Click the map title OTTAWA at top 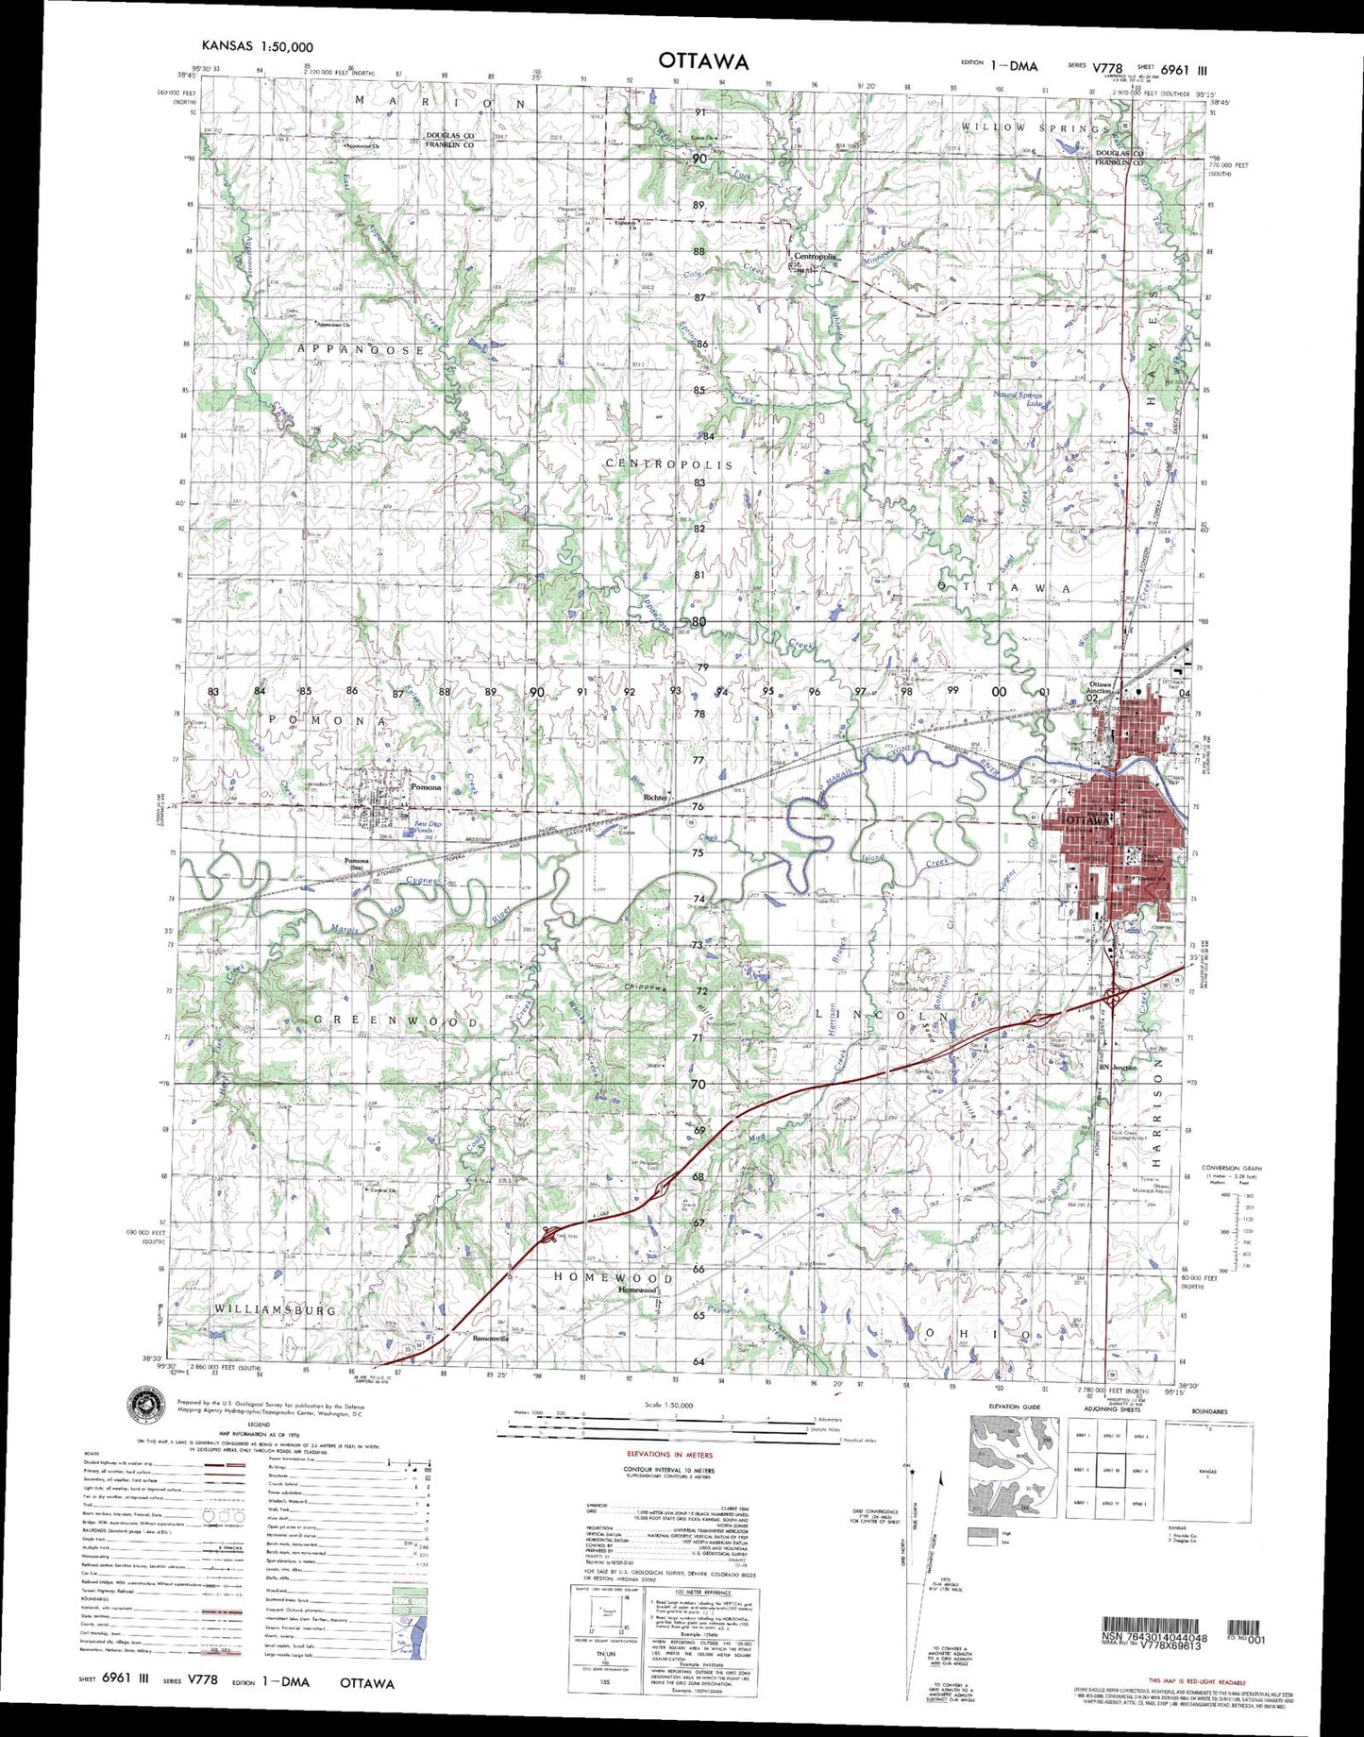pos(703,61)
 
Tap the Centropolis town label pos(816,257)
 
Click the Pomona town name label pos(425,786)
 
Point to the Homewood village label pos(637,1290)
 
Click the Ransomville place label pos(490,1338)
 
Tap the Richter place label pos(654,798)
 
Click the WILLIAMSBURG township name pos(275,1310)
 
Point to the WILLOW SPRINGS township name pos(1036,127)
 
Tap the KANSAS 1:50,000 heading pos(257,46)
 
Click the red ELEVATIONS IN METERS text pos(669,1455)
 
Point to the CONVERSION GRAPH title pos(1231,1168)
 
